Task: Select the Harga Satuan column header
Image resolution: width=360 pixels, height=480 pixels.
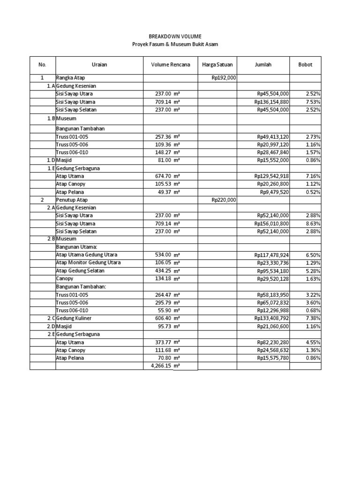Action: (217, 65)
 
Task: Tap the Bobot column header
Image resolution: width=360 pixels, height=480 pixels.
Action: (305, 65)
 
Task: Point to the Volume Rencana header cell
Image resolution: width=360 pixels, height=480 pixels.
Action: (170, 65)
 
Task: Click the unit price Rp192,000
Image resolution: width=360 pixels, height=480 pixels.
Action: (224, 78)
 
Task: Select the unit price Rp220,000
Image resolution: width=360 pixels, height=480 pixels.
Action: (224, 200)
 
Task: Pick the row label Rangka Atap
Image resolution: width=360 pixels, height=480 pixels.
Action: (71, 78)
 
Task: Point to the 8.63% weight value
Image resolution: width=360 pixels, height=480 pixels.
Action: (313, 223)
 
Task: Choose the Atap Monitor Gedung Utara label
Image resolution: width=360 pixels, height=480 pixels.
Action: (88, 262)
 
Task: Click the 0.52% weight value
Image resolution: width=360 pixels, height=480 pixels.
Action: (313, 192)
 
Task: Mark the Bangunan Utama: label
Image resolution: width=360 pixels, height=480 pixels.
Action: (75, 247)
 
